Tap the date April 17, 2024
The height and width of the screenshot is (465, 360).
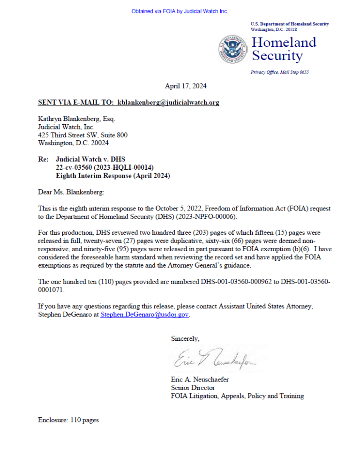click(186, 86)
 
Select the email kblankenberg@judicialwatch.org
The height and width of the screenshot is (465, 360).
click(168, 102)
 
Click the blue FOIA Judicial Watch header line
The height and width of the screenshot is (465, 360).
click(180, 11)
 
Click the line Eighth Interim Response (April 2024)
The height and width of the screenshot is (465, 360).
click(112, 176)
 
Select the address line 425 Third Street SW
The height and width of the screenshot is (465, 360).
click(82, 135)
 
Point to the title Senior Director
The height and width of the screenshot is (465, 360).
click(193, 388)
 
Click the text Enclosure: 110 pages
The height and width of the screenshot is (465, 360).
click(68, 420)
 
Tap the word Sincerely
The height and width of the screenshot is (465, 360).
click(185, 338)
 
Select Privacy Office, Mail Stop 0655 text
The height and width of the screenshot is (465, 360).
click(279, 72)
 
